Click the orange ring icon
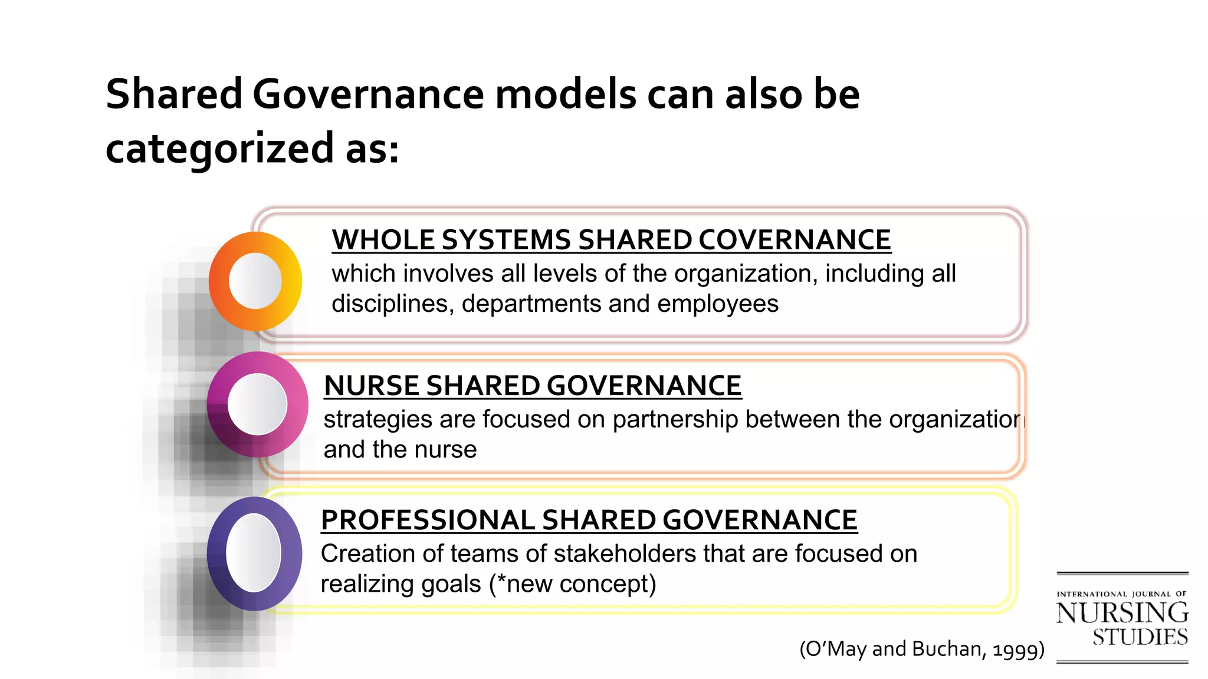255,281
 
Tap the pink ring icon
257,404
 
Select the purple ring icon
254,553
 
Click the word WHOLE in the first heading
383,240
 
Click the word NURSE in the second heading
372,386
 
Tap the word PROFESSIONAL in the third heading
428,520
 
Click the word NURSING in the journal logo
1122,613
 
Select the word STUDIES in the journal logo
1140,638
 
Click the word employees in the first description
718,304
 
